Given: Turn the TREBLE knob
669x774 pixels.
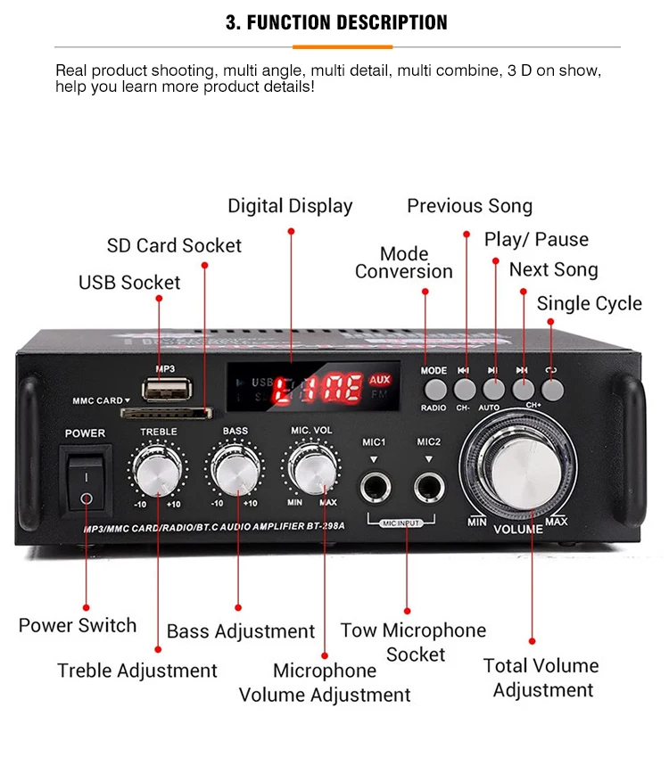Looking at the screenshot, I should [159, 468].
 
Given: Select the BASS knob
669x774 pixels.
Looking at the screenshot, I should [235, 468].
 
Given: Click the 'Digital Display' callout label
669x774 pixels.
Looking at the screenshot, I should [290, 206].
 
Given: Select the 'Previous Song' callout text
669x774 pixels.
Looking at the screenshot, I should [469, 206].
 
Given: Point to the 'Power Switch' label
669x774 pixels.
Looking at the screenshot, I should [78, 625].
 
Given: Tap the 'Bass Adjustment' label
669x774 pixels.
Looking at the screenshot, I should [241, 631].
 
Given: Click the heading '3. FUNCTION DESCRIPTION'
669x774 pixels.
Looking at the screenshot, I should [336, 22].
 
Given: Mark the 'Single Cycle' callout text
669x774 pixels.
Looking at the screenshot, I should [589, 303].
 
